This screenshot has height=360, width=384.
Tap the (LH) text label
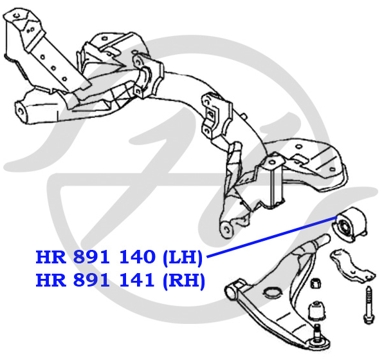pos(183,258)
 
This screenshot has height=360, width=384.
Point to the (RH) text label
pos(184,281)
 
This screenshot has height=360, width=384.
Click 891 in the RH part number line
pos(91,279)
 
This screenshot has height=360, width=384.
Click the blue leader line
pos(272,237)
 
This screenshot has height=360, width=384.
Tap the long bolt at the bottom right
pos(369,305)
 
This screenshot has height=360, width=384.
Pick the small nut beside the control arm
pos(316,283)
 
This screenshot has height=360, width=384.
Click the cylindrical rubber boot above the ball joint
pos(316,310)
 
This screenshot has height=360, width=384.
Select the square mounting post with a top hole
pos(273,181)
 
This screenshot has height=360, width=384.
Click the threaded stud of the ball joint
pos(317,330)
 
